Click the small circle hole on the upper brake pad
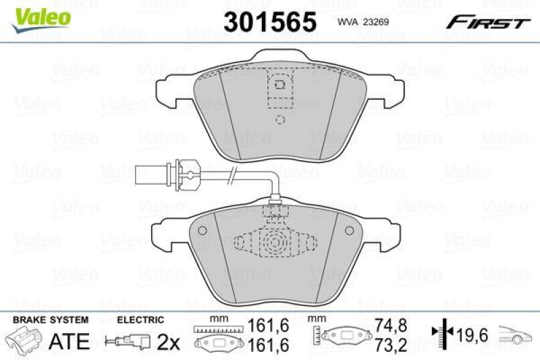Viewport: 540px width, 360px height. click(x=281, y=120)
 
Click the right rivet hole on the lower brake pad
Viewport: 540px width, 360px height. click(x=348, y=232)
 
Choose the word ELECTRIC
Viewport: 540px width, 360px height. click(x=140, y=319)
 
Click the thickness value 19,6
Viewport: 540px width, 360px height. click(x=468, y=334)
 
